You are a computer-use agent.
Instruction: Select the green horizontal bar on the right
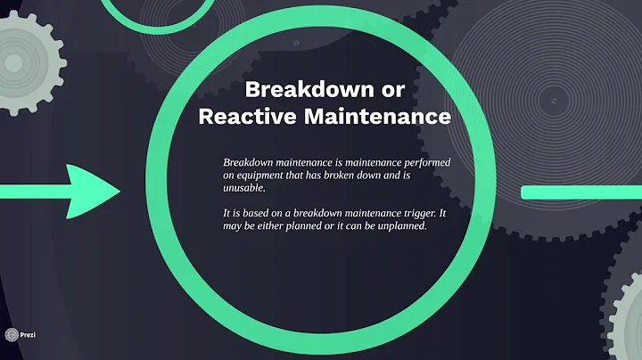[580, 192]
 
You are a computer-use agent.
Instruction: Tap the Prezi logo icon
[12, 334]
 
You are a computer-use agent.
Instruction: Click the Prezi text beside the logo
[29, 335]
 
